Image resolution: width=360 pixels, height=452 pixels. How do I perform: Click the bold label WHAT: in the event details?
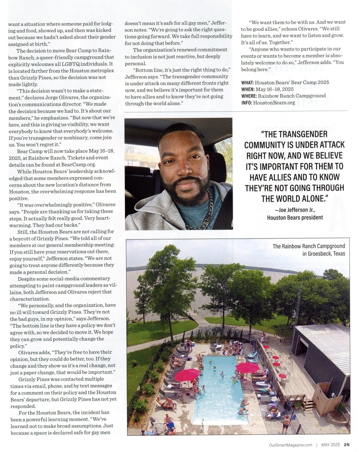tap(247, 83)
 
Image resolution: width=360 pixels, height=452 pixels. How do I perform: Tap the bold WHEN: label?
tap(248, 89)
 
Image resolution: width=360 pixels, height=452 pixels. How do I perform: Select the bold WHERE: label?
tap(249, 96)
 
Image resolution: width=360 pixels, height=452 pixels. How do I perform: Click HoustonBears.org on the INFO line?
tap(274, 103)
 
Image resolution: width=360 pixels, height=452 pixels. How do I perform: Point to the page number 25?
tap(346, 445)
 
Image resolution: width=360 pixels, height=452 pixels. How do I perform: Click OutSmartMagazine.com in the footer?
tap(290, 445)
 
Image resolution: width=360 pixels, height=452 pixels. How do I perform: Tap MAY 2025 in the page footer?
tap(330, 445)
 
